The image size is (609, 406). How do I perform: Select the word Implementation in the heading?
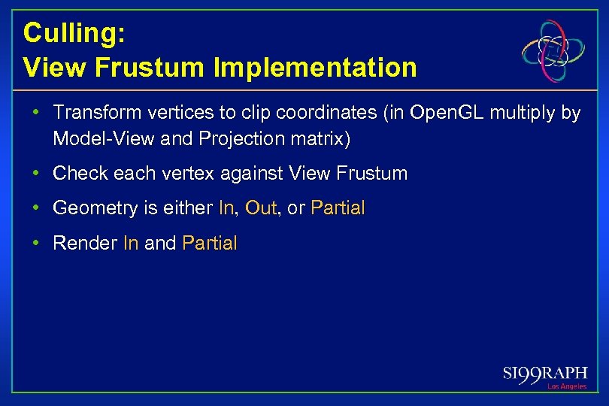[315, 68]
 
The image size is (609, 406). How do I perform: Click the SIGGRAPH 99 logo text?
[545, 373]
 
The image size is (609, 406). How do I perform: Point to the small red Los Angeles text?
[567, 386]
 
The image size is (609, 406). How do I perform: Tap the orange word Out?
[261, 208]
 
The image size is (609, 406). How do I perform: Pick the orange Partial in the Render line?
[209, 243]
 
